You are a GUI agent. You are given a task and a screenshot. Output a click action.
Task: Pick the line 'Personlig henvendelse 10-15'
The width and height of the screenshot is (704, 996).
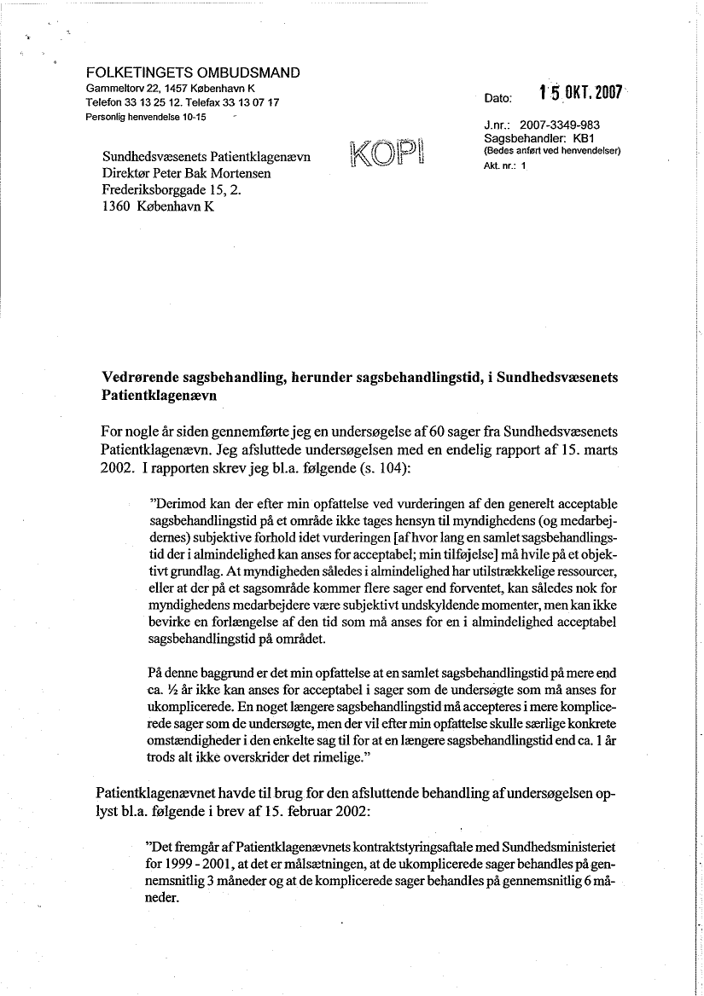(146, 116)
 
